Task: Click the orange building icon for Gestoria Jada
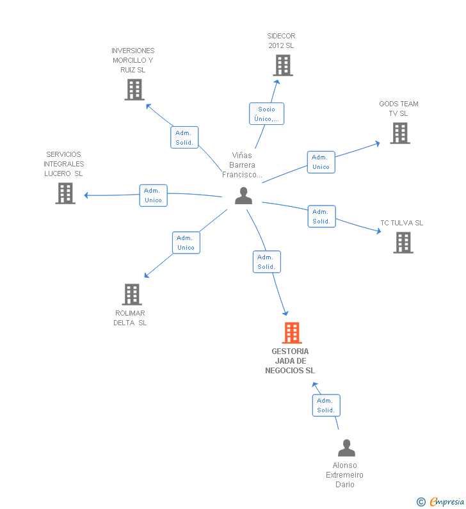pyautogui.click(x=292, y=333)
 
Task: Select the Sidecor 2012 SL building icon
pyautogui.click(x=282, y=65)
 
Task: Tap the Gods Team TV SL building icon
pyautogui.click(x=400, y=133)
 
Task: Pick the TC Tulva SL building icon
pyautogui.click(x=403, y=243)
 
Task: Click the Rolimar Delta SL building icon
pyautogui.click(x=132, y=295)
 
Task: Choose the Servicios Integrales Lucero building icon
pyautogui.click(x=65, y=193)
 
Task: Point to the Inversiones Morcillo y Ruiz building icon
pyautogui.click(x=134, y=90)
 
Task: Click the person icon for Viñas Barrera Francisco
pyautogui.click(x=243, y=196)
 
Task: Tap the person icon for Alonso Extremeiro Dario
pyautogui.click(x=346, y=448)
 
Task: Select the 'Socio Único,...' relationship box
pyautogui.click(x=266, y=114)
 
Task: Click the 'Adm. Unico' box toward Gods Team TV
pyautogui.click(x=321, y=162)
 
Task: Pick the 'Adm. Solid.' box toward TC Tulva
pyautogui.click(x=321, y=216)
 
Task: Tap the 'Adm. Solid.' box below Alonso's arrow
pyautogui.click(x=326, y=405)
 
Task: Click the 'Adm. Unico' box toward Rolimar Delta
pyautogui.click(x=186, y=243)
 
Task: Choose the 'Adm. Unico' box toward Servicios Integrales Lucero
pyautogui.click(x=153, y=195)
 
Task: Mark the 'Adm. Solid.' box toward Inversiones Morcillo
pyautogui.click(x=184, y=138)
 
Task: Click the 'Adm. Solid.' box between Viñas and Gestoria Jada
pyautogui.click(x=266, y=262)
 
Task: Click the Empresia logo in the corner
pyautogui.click(x=447, y=502)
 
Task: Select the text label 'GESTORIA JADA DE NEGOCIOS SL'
pyautogui.click(x=290, y=361)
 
